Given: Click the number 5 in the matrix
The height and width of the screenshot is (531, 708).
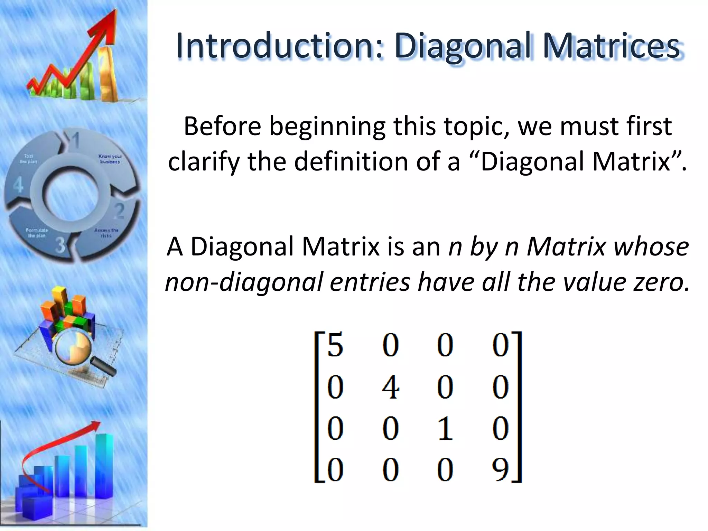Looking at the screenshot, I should [x=335, y=346].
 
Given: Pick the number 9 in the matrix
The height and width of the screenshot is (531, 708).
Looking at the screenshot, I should [x=500, y=469].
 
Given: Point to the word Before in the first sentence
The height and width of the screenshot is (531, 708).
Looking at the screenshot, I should [x=222, y=126].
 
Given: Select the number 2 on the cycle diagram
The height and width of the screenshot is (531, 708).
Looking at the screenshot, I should [x=119, y=211].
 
